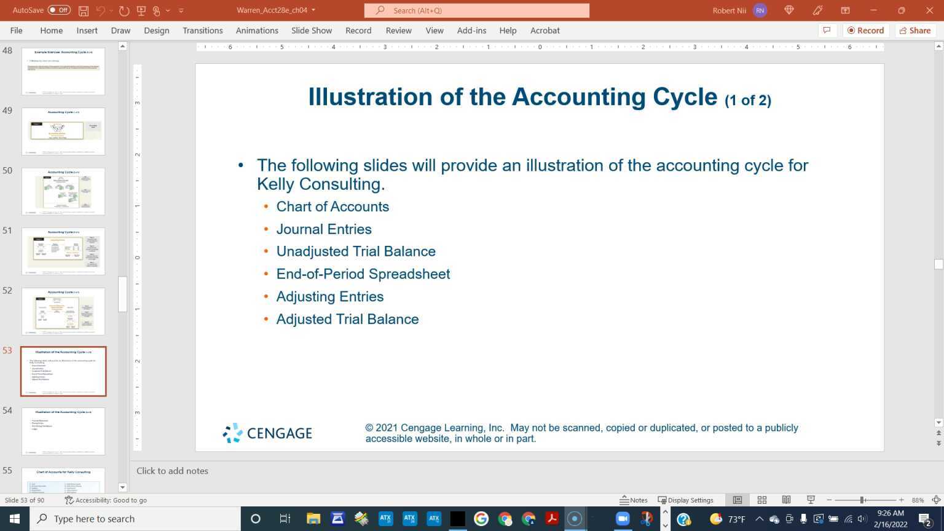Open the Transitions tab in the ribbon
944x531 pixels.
click(x=202, y=30)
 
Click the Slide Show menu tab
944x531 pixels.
click(x=311, y=30)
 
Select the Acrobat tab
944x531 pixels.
click(x=545, y=30)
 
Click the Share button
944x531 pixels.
click(x=914, y=30)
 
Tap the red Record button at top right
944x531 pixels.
click(x=865, y=30)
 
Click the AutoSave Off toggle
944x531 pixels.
click(x=59, y=10)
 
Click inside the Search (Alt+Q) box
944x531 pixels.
click(x=477, y=10)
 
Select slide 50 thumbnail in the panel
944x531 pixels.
click(x=63, y=191)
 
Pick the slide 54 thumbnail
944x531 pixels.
click(x=63, y=431)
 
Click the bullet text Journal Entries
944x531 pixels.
click(x=324, y=229)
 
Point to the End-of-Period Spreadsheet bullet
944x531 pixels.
click(x=363, y=274)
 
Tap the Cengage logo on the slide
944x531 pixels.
click(x=267, y=433)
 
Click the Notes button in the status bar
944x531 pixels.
click(x=634, y=500)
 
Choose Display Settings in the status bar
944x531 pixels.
click(x=686, y=500)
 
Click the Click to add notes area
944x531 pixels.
click(x=172, y=471)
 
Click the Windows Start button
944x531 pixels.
click(x=15, y=519)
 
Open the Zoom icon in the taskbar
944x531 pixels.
click(x=622, y=519)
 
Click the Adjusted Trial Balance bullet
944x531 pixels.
click(x=347, y=319)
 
